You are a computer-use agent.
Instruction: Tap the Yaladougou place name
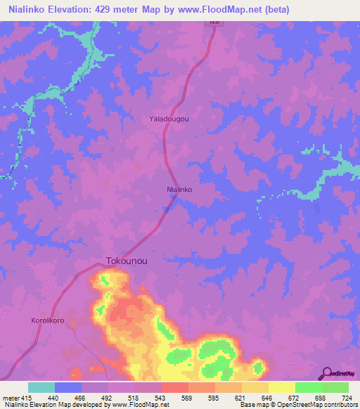pyautogui.click(x=169, y=119)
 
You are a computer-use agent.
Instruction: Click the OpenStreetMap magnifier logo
pyautogui.click(x=328, y=372)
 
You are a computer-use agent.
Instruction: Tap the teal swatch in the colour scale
pyautogui.click(x=41, y=387)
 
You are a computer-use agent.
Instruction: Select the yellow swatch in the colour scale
pyautogui.click(x=281, y=387)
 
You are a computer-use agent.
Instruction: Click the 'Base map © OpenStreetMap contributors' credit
pyautogui.click(x=298, y=405)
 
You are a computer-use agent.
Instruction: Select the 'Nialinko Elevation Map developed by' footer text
pyautogui.click(x=45, y=405)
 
